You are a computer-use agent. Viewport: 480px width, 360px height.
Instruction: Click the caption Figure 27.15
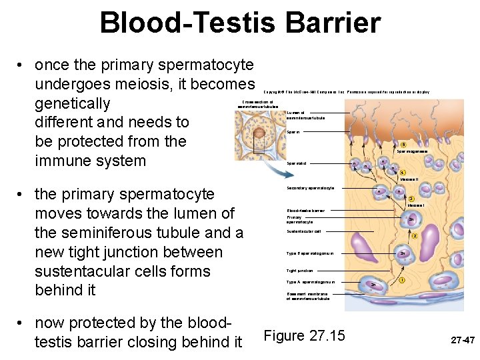(305, 335)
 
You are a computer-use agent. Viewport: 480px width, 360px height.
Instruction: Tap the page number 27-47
(462, 340)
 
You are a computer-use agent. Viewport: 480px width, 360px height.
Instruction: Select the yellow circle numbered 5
(403, 145)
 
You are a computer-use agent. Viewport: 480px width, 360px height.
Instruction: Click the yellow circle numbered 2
(415, 236)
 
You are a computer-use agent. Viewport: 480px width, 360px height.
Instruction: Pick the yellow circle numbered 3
(412, 199)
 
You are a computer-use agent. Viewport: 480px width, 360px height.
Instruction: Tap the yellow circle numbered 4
(403, 173)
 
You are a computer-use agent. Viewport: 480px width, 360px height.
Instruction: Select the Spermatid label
(297, 163)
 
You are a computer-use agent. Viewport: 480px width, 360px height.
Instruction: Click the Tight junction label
(299, 271)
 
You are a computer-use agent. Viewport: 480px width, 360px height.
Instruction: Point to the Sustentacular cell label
(303, 231)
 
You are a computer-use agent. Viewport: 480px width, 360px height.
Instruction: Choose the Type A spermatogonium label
(311, 282)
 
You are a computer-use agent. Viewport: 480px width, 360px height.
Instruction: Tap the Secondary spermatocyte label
(310, 189)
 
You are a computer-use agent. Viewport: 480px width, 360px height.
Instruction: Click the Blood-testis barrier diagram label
(306, 211)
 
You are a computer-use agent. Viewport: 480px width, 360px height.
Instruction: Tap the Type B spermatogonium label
(310, 253)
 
